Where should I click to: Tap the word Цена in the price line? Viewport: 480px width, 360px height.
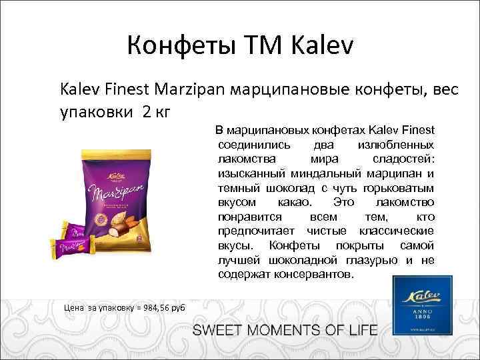pyautogui.click(x=73, y=307)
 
